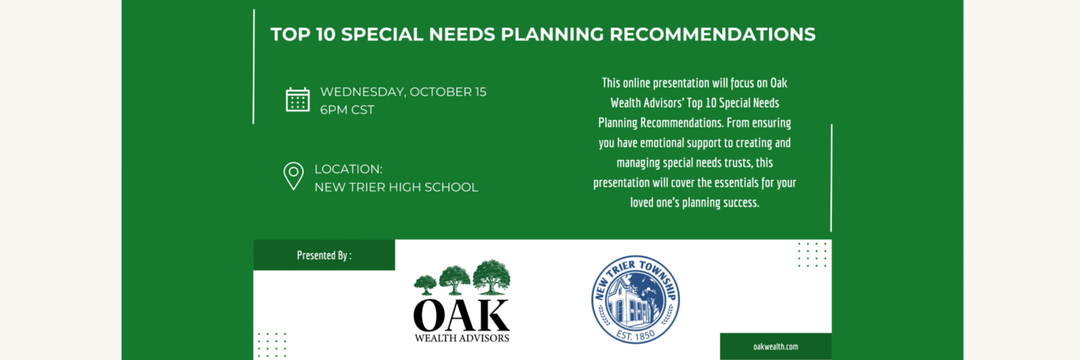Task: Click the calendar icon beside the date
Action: pos(297,100)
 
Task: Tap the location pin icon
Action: pos(293,176)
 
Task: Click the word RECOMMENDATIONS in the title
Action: pos(712,34)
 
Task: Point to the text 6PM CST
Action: pos(347,110)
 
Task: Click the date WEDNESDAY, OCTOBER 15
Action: pos(403,91)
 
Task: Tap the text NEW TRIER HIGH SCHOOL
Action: pos(397,187)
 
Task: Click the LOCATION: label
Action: pos(348,169)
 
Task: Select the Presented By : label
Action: pos(324,255)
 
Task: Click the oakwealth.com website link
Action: pos(776,347)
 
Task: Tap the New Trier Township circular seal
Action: pos(636,300)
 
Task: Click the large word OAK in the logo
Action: pos(461,315)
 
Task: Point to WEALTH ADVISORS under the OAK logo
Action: pos(461,338)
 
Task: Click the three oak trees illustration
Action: pos(462,277)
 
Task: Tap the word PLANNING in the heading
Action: pos(552,34)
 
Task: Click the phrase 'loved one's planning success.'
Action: pos(694,202)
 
